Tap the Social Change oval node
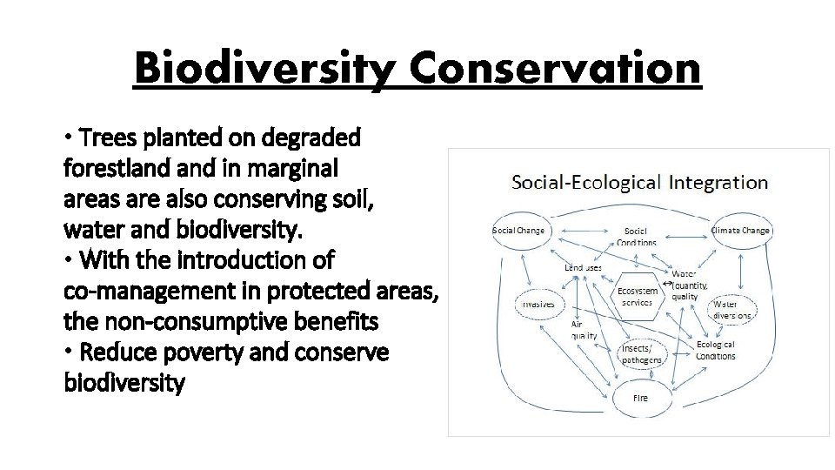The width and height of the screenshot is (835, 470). click(518, 231)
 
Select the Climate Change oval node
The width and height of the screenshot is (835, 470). click(740, 231)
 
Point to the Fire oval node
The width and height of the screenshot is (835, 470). click(640, 398)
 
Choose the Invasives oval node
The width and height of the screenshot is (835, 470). click(538, 304)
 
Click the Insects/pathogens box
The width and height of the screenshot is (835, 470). click(641, 353)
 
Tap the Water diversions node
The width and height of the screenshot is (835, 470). click(731, 310)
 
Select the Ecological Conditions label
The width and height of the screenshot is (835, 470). click(715, 350)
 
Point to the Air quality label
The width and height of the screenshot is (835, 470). click(583, 329)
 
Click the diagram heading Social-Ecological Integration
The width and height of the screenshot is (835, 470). click(639, 182)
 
